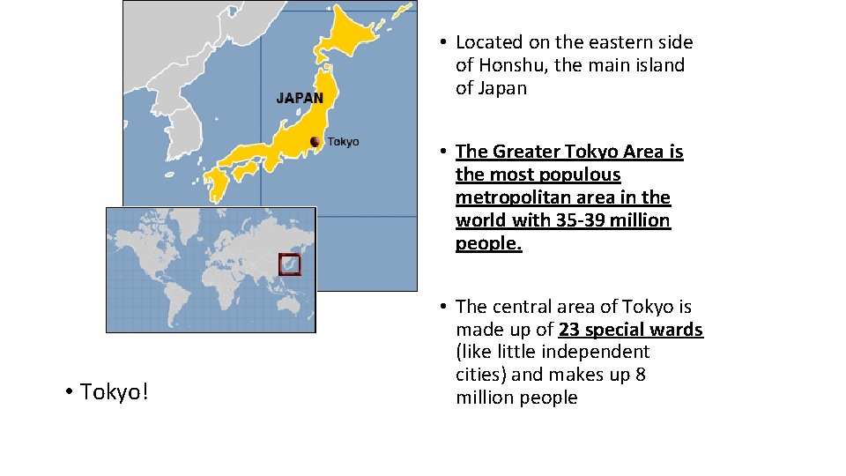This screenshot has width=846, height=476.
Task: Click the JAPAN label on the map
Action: (300, 98)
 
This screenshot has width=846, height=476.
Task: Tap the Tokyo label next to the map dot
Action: (343, 142)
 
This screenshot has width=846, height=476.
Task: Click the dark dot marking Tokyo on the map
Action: (315, 142)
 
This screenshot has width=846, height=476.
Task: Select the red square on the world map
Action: (289, 264)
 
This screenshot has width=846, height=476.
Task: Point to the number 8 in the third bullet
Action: (640, 375)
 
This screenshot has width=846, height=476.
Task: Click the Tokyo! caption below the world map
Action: (115, 391)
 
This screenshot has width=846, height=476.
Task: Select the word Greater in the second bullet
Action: (525, 152)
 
